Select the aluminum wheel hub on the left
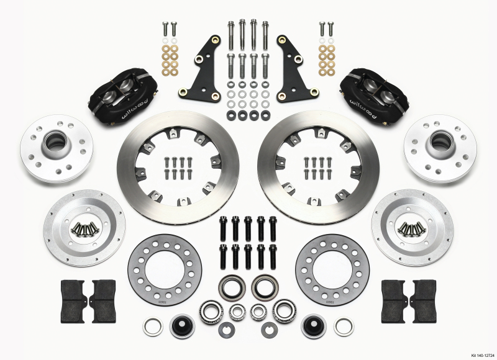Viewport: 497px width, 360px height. pos(55,148)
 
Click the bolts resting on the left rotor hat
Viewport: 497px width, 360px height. pos(84,229)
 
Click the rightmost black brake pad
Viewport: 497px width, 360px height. pos(424,300)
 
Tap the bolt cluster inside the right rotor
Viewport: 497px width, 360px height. pos(316,168)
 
